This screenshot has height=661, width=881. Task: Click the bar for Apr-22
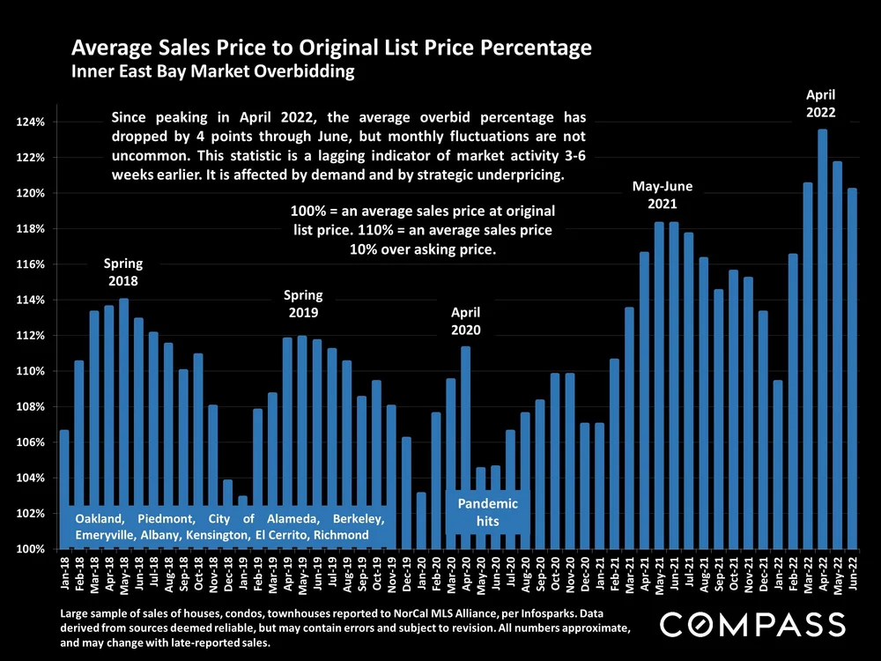823,339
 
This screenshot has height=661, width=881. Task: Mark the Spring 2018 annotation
122,272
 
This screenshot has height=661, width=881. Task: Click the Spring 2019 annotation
302,304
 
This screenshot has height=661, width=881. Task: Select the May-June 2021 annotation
663,195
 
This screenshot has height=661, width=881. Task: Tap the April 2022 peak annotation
821,103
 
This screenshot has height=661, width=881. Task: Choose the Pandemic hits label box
488,512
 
